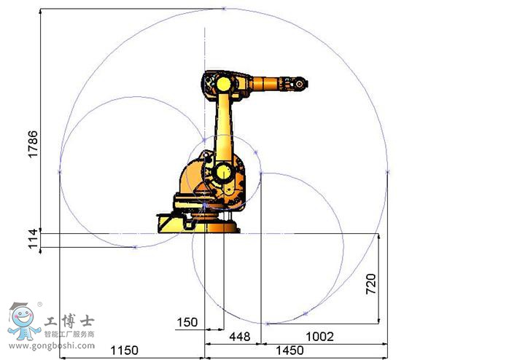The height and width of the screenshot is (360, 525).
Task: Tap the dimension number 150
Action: click(187, 322)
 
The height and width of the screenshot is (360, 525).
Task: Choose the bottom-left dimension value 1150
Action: click(125, 351)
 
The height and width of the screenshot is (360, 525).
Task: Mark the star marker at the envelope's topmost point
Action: click(224, 9)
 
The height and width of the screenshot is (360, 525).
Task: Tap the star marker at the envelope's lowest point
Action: click(268, 323)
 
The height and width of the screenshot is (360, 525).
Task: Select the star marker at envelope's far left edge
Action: click(59, 172)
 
